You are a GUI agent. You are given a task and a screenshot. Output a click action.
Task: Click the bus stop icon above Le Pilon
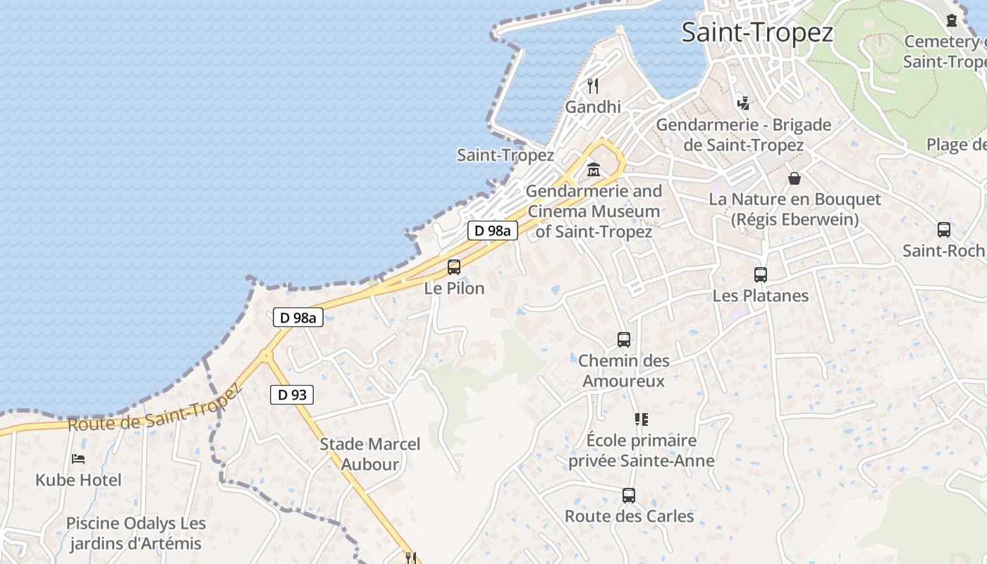coord(454,267)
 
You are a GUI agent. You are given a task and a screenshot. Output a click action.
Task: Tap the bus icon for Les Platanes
coord(760,275)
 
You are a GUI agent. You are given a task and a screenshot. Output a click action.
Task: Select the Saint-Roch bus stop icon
coord(943,230)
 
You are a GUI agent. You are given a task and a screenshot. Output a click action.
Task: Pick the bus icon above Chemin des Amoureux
coord(624,340)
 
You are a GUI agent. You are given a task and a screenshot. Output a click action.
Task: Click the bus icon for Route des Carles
coord(629,496)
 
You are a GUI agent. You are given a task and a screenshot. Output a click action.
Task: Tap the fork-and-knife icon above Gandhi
coord(593,86)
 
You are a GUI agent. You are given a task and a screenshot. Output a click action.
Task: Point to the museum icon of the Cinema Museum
coord(594,171)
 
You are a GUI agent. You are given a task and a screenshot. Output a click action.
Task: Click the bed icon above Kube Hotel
coord(78,459)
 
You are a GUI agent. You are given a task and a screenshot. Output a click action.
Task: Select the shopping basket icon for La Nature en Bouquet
coord(795,178)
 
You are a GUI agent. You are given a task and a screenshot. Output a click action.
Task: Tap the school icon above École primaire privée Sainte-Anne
coord(641,419)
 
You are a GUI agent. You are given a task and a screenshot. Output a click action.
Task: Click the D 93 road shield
coord(292,395)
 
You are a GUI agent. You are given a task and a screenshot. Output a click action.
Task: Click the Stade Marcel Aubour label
coord(370,454)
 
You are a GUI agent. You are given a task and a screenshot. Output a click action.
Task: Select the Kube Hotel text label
coord(78,480)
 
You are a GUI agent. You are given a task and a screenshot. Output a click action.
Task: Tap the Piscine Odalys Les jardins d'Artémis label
coord(136,534)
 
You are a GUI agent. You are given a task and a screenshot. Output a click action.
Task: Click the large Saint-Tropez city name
coord(757,32)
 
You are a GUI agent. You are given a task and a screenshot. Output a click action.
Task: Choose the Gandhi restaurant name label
coord(593,106)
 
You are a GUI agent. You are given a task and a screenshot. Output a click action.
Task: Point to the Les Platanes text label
coord(760,295)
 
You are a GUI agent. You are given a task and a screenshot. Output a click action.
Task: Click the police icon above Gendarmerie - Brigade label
coord(743,104)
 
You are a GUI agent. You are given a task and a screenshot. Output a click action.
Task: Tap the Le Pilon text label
coord(454,288)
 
